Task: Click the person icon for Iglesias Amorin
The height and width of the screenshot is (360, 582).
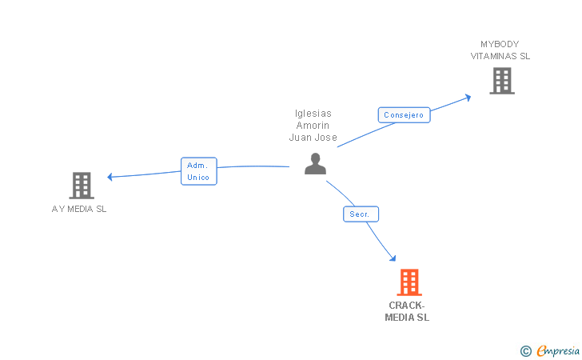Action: [316, 164]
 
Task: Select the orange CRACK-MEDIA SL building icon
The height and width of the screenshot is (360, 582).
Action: [409, 282]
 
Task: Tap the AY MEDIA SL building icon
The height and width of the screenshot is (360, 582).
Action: [82, 186]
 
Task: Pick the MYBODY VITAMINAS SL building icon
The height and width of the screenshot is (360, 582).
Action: [501, 81]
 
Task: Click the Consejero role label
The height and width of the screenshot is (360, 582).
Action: [405, 115]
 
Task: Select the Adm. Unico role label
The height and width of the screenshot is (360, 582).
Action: [198, 170]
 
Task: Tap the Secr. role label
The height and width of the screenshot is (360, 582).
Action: [361, 214]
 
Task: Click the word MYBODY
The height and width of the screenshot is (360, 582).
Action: [500, 44]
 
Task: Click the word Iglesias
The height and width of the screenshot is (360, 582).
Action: [313, 114]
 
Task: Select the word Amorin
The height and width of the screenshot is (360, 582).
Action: [313, 126]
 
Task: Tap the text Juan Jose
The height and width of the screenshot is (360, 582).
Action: [313, 138]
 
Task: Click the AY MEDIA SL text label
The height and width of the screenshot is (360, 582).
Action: [79, 209]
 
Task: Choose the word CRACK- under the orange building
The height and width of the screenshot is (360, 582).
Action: [407, 306]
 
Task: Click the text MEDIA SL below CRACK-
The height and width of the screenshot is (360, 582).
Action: [407, 318]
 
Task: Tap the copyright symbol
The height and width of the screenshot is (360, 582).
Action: [525, 350]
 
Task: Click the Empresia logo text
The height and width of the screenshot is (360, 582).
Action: [557, 350]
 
